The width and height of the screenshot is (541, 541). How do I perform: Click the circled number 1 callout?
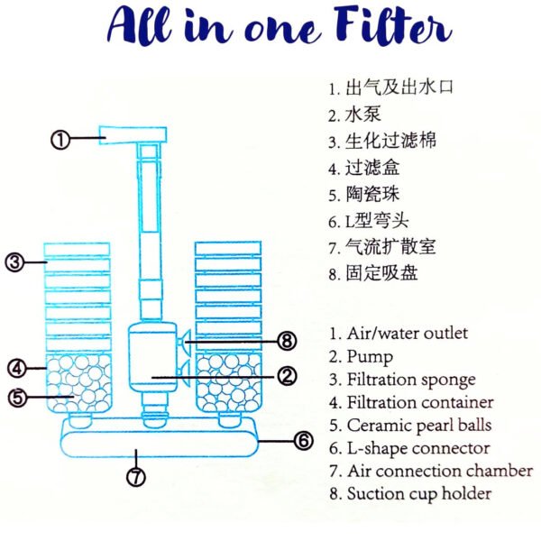(60, 140)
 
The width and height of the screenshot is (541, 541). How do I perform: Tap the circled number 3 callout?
(14, 262)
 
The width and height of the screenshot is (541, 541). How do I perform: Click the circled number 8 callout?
(287, 341)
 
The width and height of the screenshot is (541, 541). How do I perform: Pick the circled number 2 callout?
(287, 374)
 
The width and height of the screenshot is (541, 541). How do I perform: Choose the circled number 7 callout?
(136, 477)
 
